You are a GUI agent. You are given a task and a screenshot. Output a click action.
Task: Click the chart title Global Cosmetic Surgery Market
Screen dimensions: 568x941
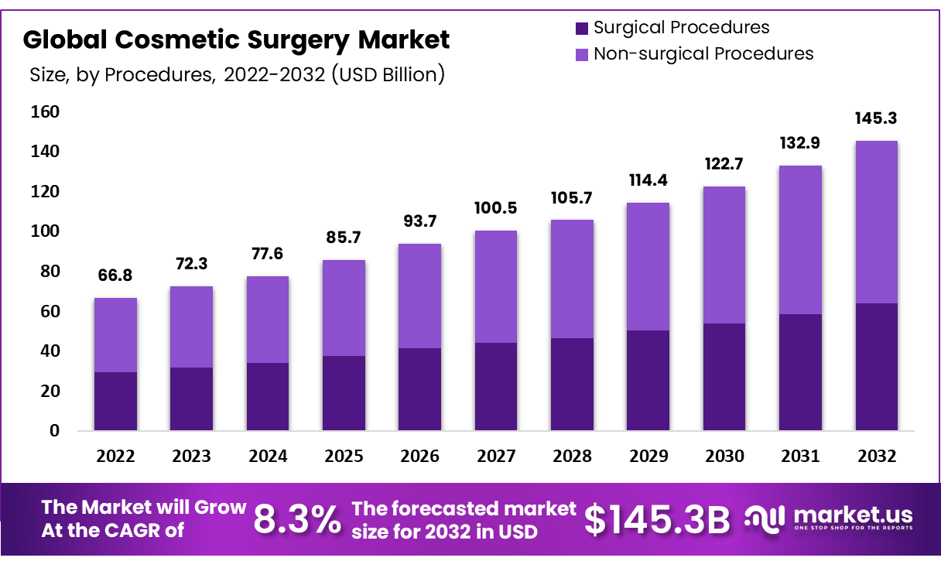[236, 39]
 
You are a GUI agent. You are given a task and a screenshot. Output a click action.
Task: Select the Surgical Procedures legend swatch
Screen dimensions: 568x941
[582, 29]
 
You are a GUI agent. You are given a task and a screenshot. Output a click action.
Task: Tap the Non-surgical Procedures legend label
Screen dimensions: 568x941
[703, 53]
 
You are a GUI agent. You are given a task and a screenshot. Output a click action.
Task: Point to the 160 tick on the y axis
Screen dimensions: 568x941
[44, 112]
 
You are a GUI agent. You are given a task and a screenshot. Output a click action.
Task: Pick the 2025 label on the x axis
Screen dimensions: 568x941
[344, 457]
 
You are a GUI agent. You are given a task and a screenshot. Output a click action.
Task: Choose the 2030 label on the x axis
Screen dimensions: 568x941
[724, 457]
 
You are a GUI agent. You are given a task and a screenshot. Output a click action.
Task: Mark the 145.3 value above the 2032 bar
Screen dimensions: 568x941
[876, 119]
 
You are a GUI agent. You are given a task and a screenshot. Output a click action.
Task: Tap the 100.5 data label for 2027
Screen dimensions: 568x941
[496, 209]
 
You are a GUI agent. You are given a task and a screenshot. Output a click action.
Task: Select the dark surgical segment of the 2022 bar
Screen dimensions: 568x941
[115, 401]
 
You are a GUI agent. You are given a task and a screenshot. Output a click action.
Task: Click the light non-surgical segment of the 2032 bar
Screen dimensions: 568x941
[876, 222]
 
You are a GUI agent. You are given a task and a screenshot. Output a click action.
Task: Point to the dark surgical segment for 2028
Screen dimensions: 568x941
[572, 384]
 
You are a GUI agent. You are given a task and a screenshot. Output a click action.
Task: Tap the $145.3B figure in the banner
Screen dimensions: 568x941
[656, 520]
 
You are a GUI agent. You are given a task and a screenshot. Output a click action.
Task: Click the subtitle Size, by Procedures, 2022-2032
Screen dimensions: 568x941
[237, 75]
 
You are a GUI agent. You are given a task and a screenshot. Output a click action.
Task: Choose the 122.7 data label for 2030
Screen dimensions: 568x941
[724, 165]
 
